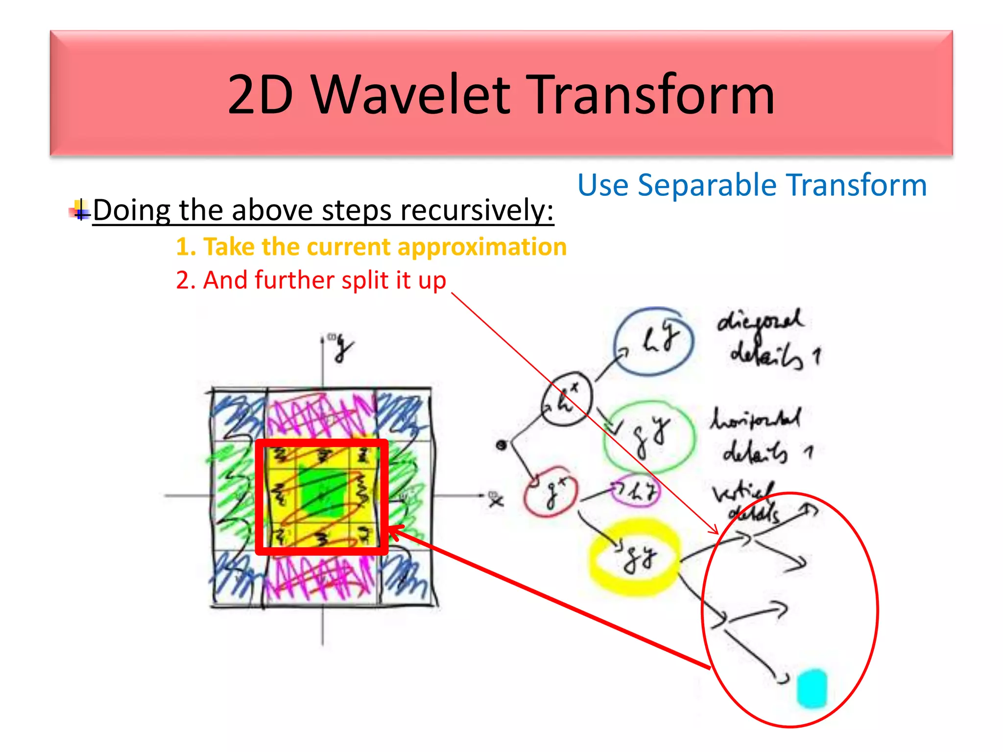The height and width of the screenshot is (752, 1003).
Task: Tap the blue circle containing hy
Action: point(654,341)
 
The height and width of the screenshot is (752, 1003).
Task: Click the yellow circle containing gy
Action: point(635,559)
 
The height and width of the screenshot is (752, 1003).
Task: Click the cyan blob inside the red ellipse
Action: point(812,688)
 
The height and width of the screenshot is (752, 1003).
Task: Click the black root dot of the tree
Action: point(501,445)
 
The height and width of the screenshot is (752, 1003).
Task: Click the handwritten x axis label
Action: point(496,500)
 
